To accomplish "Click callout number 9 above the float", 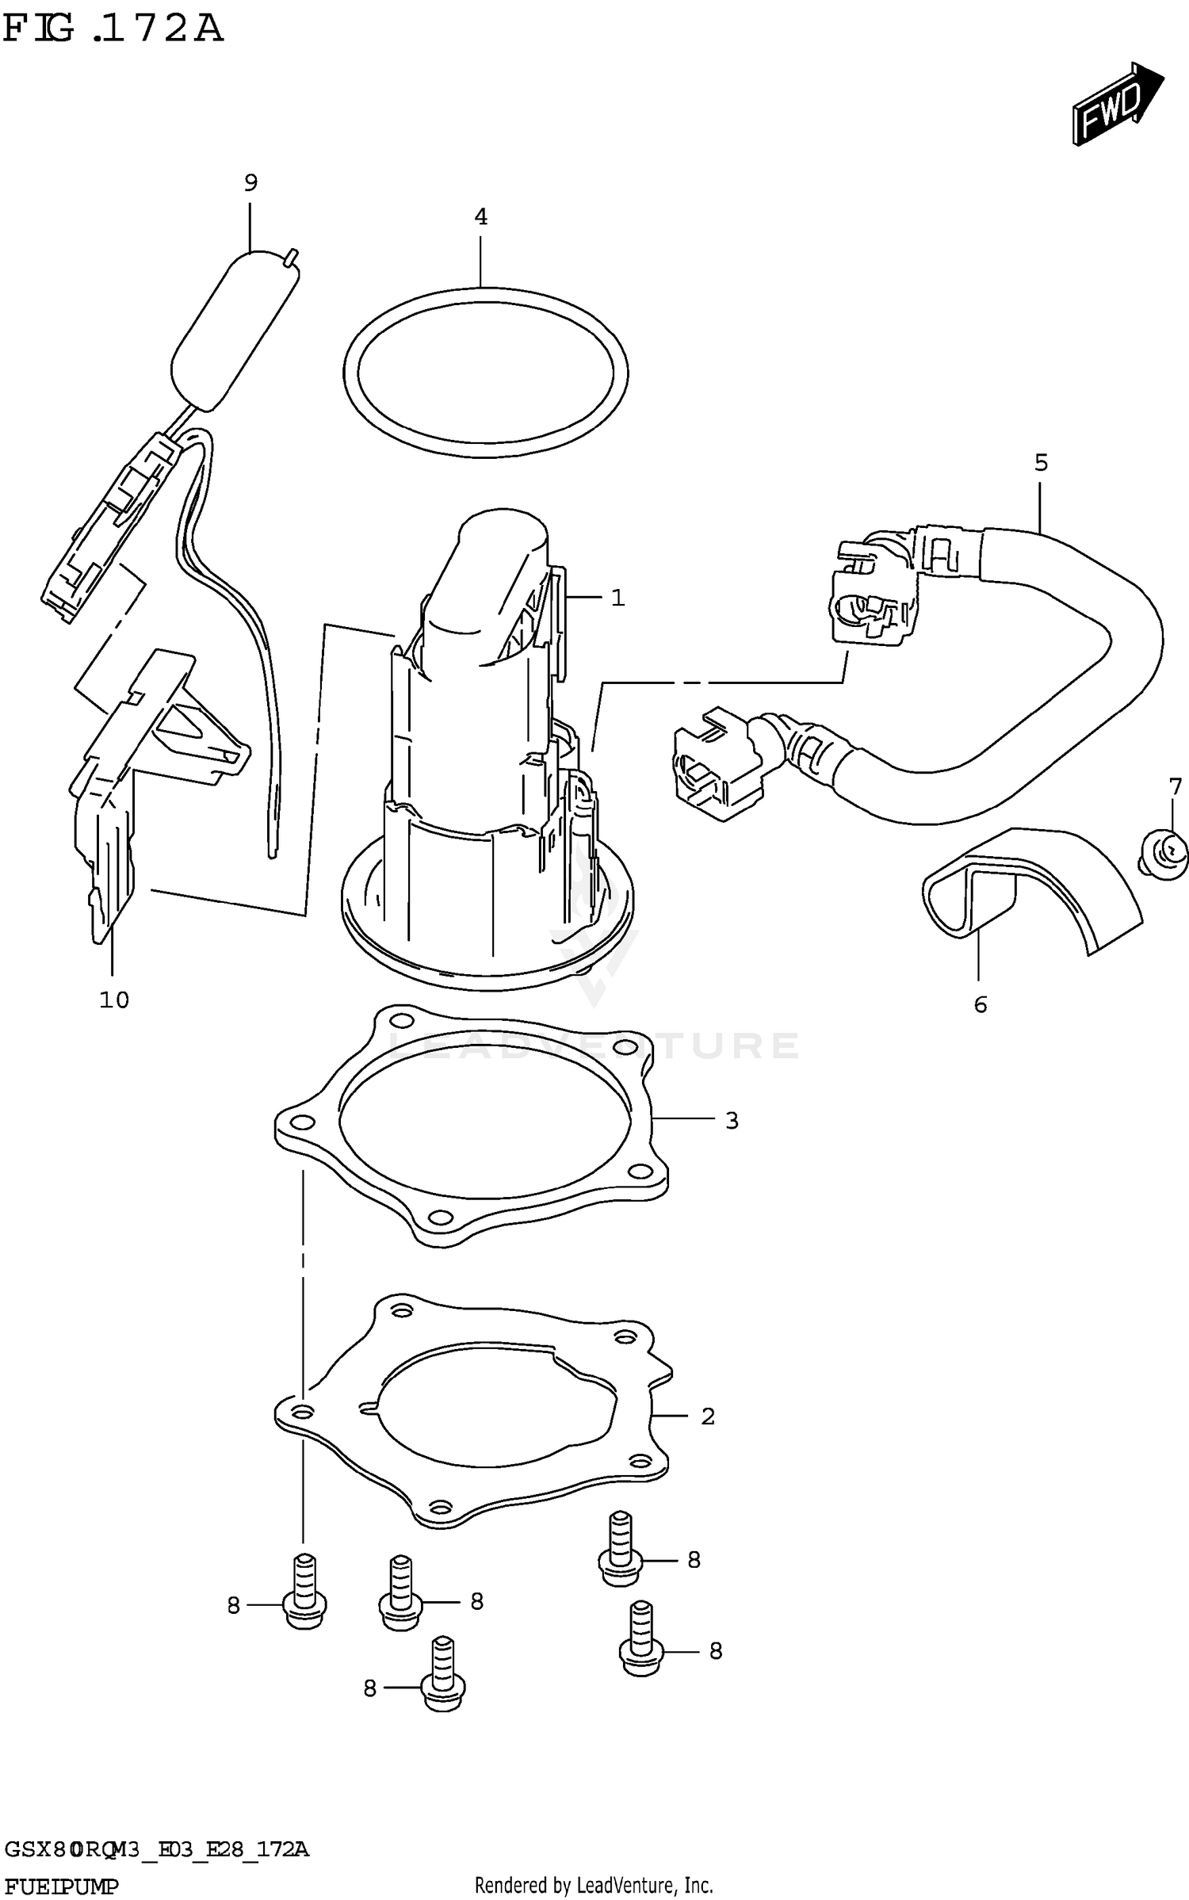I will (250, 184).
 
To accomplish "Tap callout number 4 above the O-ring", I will (480, 217).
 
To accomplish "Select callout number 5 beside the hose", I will (1041, 463).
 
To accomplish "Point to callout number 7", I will (1175, 787).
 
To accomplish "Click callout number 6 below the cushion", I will (981, 1005).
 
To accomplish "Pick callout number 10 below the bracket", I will (113, 1000).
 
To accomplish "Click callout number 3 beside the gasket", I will (732, 1121).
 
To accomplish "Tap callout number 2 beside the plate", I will (708, 1416).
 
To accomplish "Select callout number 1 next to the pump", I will (617, 598).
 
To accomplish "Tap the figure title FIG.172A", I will (113, 29).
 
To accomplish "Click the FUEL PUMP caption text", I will (61, 1886).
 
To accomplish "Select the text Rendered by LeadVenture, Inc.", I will (594, 1885).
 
